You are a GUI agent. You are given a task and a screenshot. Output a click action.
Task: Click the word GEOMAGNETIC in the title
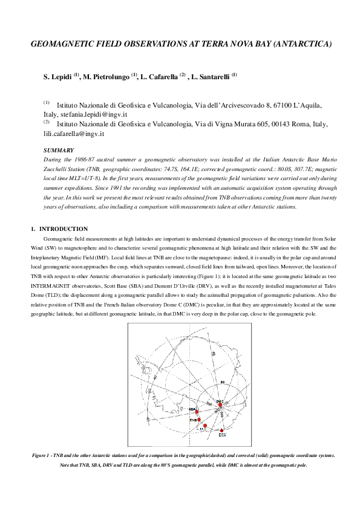pyautogui.click(x=68, y=45)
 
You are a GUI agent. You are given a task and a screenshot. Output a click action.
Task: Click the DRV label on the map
pyautogui.click(x=222, y=435)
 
